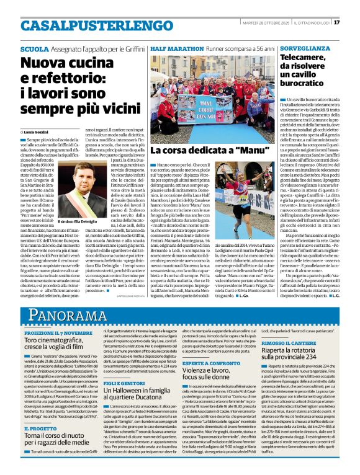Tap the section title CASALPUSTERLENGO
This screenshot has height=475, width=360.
(87, 24)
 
